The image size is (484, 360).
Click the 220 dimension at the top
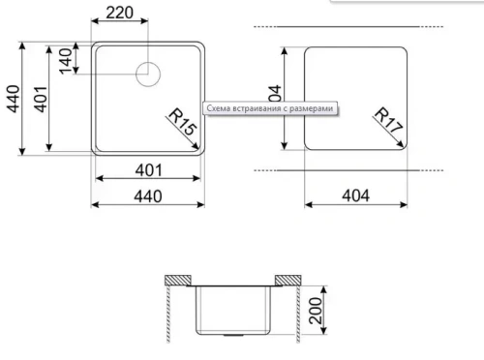(120, 14)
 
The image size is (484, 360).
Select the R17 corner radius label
(387, 118)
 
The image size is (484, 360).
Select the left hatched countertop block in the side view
(176, 279)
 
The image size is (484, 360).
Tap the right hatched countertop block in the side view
(287, 279)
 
